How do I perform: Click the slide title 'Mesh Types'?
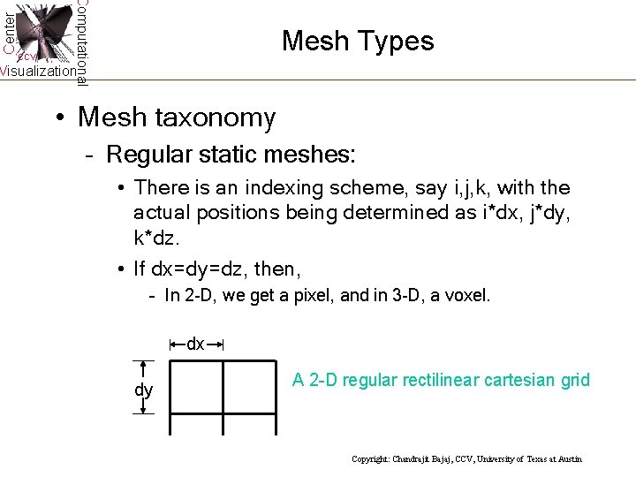[x=358, y=42]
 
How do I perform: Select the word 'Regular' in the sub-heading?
[x=143, y=155]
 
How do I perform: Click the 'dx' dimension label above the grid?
[x=195, y=344]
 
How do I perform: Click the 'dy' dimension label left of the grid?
[x=143, y=390]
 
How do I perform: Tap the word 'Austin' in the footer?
[x=569, y=459]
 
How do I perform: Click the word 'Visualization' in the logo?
[x=37, y=72]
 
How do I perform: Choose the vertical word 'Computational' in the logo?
[x=81, y=42]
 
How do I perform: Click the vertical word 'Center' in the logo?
[x=8, y=30]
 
